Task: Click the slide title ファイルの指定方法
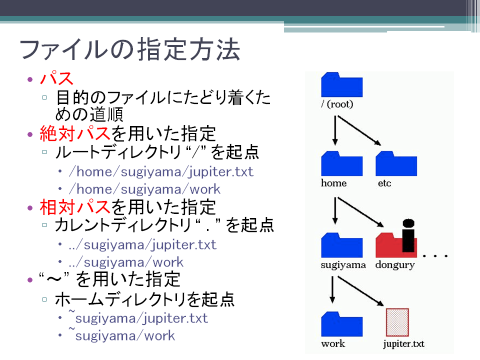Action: [x=130, y=49]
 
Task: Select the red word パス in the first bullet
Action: [x=56, y=78]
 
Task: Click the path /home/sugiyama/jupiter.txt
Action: [x=161, y=172]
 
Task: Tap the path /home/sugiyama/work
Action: [x=145, y=189]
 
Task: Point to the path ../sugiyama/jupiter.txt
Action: [x=142, y=245]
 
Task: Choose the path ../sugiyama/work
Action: [x=126, y=262]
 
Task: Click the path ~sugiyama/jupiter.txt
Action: [x=138, y=317]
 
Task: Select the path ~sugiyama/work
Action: [x=122, y=335]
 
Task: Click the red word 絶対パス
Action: [x=74, y=133]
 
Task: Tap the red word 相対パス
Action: [x=74, y=207]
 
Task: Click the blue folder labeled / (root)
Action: [x=341, y=85]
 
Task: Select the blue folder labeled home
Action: [x=341, y=163]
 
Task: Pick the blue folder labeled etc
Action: [x=396, y=163]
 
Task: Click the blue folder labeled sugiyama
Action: [x=341, y=245]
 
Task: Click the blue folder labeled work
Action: [x=341, y=324]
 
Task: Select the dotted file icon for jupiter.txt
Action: [x=397, y=322]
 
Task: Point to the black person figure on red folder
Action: [x=408, y=235]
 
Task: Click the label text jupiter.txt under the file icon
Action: [x=404, y=344]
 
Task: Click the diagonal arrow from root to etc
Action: [x=359, y=130]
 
